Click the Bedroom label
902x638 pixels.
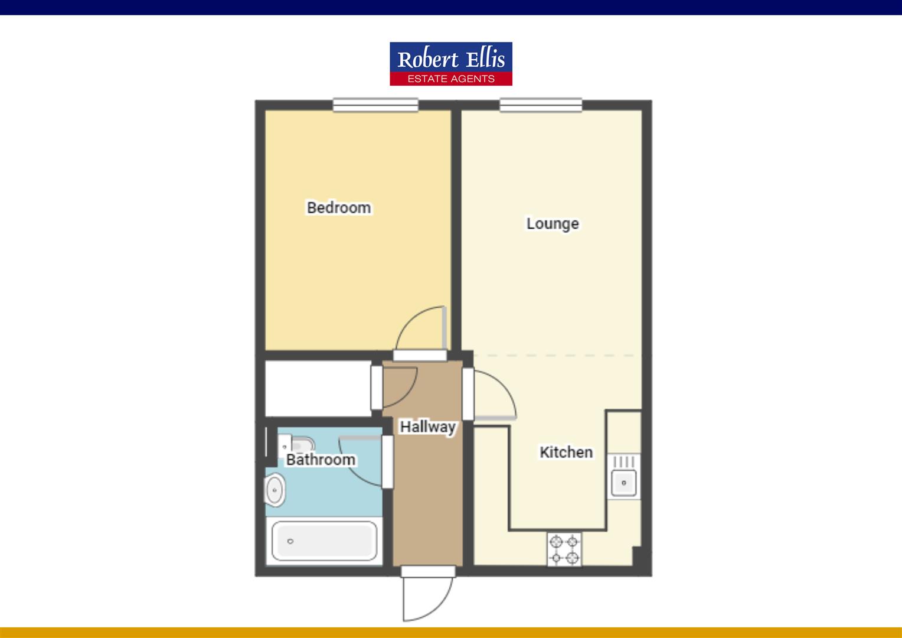[x=339, y=208]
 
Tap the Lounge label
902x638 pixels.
[x=553, y=224]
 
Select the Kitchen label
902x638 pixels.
[x=566, y=453]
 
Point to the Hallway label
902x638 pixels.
[x=427, y=427]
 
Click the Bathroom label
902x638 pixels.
[x=321, y=460]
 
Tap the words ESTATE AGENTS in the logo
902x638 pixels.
[x=451, y=79]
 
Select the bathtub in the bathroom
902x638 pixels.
[x=324, y=541]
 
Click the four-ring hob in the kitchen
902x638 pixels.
[x=564, y=549]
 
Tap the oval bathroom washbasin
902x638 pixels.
[x=274, y=491]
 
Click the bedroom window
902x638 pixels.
[x=375, y=105]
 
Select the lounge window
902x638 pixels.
[x=541, y=105]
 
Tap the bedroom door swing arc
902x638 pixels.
[x=418, y=330]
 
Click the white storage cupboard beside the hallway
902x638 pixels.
[x=318, y=388]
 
